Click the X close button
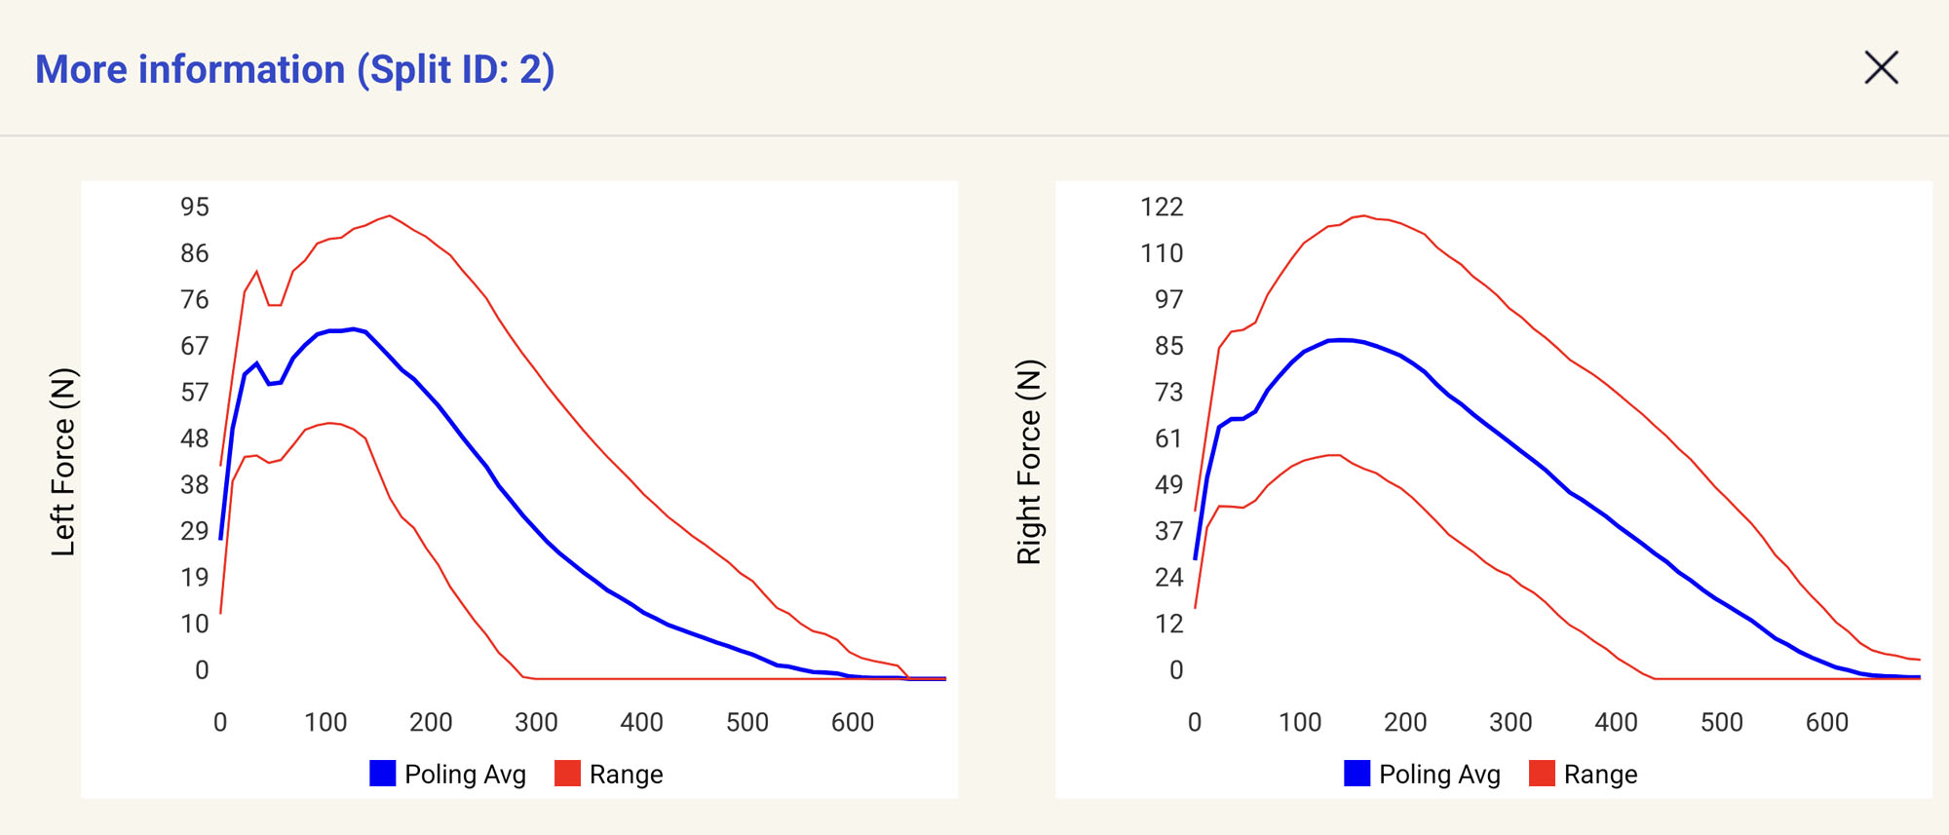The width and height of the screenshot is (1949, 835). pos(1881,68)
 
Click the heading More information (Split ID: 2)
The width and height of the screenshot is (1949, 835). pos(294,70)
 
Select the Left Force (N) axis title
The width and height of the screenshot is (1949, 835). pos(63,462)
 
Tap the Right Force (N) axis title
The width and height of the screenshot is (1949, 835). pos(1029,462)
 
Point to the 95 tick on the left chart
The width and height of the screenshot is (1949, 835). pos(195,207)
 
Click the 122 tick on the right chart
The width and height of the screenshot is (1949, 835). pos(1162,207)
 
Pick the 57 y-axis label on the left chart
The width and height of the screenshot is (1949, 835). pos(195,392)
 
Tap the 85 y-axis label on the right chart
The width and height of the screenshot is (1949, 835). pos(1168,346)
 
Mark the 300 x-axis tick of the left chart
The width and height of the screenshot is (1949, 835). pos(536,722)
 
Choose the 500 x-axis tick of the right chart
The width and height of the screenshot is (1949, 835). pos(1721,722)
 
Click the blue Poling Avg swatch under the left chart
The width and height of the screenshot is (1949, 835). pos(383,774)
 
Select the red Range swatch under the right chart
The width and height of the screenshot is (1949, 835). pos(1542,774)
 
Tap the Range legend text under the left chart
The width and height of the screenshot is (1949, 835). pos(626,775)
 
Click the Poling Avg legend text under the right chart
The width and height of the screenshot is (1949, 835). pos(1439,775)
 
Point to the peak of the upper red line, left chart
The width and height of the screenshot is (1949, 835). pos(389,216)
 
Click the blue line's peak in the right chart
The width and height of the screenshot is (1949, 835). pos(1343,340)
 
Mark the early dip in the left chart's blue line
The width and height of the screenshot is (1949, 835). pos(270,384)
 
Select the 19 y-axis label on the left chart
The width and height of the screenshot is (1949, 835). pos(195,577)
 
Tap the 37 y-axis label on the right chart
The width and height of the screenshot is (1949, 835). pos(1168,531)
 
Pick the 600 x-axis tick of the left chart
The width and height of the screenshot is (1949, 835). pos(853,722)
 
